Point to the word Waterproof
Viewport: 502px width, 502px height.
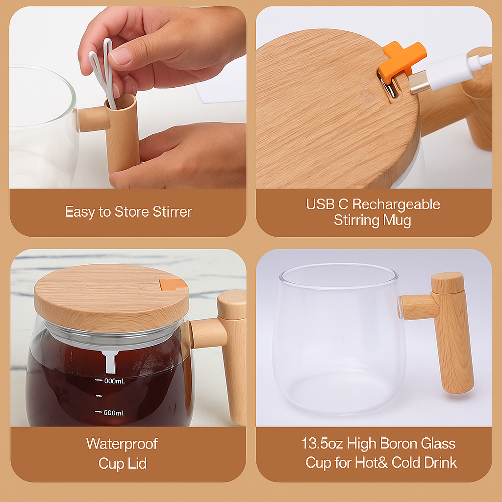coord(122,444)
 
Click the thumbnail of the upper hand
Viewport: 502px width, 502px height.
coord(120,56)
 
